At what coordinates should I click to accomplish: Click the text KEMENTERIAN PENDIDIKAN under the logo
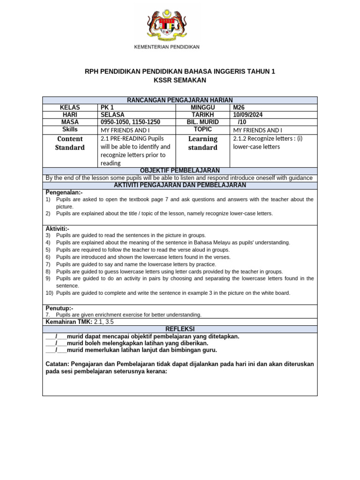pos(167,47)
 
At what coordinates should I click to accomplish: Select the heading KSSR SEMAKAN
pos(180,80)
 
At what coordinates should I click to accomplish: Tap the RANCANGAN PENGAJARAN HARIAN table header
pos(180,100)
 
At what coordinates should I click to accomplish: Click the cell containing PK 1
pos(107,107)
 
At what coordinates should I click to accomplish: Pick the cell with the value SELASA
pos(112,114)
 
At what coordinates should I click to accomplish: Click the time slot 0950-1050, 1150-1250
pos(130,122)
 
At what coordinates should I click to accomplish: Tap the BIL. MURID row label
pos(202,122)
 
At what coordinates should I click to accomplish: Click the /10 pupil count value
pos(242,122)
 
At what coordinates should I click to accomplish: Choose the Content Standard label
pos(70,143)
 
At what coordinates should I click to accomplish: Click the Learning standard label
pos(202,143)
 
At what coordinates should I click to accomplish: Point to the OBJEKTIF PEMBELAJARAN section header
pos(180,171)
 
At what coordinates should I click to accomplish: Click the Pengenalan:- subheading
pos(64,192)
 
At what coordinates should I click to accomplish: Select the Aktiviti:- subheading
pos(58,228)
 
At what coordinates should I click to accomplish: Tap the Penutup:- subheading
pos(59,308)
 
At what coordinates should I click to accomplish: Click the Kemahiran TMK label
pos(69,322)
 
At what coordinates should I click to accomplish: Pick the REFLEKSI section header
pos(180,329)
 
